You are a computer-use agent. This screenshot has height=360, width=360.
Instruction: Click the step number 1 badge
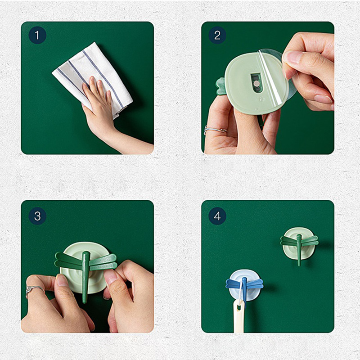click(x=37, y=35)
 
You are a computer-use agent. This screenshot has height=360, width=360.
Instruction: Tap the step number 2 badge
click(x=217, y=35)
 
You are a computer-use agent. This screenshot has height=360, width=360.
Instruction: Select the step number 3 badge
click(x=37, y=216)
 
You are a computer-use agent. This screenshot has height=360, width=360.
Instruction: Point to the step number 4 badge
click(x=217, y=216)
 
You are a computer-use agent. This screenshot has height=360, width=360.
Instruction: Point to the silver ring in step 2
click(x=215, y=130)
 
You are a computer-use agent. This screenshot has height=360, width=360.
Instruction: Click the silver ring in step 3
click(x=35, y=290)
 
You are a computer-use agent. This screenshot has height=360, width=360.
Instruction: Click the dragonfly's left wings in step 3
click(x=68, y=261)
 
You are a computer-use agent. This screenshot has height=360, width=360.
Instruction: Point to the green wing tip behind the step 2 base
click(x=220, y=86)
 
